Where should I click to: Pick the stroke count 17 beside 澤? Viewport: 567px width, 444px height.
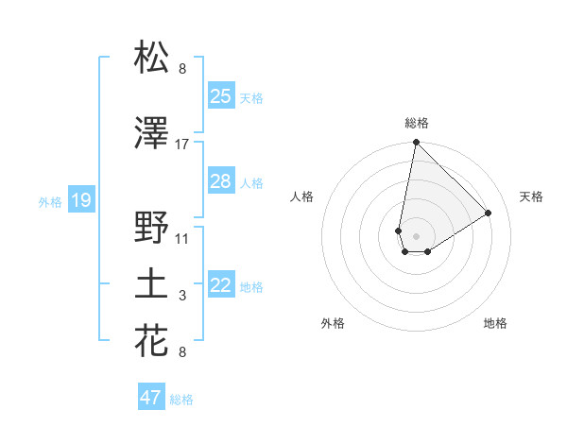[182, 145]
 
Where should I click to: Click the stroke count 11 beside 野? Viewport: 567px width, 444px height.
[182, 238]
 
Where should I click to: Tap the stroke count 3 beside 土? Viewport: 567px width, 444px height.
[182, 297]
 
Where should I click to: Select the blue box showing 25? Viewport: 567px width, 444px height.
[220, 95]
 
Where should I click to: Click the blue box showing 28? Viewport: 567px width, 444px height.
[220, 181]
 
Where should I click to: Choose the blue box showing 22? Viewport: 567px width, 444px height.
[220, 285]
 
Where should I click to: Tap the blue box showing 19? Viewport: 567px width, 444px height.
[80, 199]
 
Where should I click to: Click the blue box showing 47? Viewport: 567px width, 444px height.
[150, 398]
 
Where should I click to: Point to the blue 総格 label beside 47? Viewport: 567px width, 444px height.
[181, 400]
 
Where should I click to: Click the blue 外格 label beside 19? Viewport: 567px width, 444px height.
[50, 201]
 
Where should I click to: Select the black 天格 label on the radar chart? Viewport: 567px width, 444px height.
[531, 196]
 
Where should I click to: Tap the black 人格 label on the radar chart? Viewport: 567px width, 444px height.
[302, 196]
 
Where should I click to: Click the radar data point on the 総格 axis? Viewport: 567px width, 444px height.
[415, 143]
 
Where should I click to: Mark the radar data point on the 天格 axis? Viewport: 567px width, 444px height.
[489, 213]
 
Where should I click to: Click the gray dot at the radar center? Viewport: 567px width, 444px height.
[415, 233]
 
